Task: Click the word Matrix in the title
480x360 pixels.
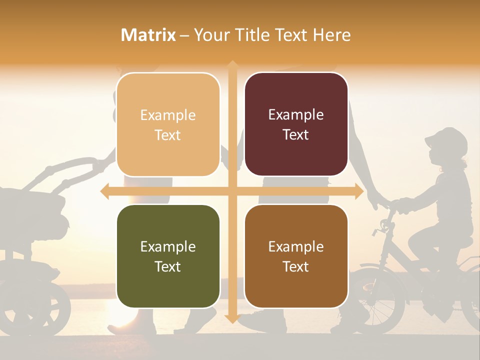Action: [x=148, y=35]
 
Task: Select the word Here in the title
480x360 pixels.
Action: [x=332, y=35]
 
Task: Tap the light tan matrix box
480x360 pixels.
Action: [x=168, y=124]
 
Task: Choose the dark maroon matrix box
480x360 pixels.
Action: [x=296, y=124]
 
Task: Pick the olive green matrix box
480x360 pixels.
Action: [x=168, y=256]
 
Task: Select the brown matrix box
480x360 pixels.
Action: [x=296, y=256]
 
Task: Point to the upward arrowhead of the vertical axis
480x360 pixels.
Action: [x=232, y=65]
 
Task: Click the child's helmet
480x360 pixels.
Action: [x=448, y=140]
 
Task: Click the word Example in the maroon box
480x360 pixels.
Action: [x=296, y=115]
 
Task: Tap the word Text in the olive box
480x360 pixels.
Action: [x=168, y=266]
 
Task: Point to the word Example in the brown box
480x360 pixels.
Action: [x=296, y=247]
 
